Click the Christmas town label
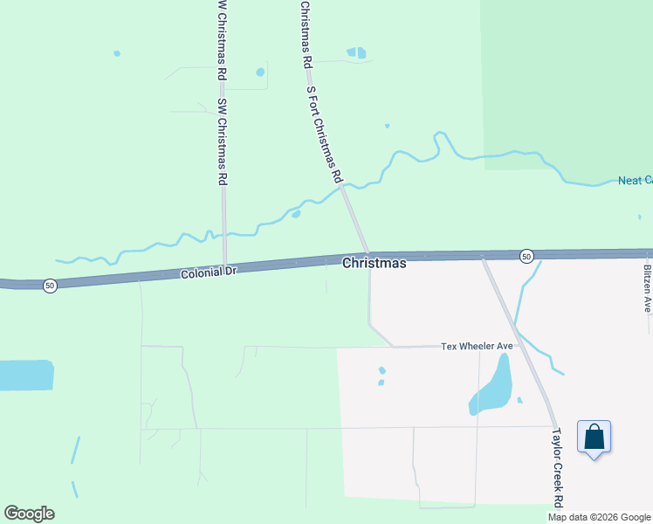374,263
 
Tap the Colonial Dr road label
209,273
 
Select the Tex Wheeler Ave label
477,346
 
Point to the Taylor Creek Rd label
557,467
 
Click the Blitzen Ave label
648,288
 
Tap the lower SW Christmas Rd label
223,140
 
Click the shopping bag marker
594,438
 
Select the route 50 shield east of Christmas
526,256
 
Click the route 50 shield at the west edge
51,286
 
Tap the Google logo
29,514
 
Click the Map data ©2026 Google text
598,517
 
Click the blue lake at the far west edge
26,375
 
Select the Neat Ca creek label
635,181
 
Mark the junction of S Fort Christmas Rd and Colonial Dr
368,254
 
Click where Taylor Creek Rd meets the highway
483,257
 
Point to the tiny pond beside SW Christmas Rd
259,72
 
